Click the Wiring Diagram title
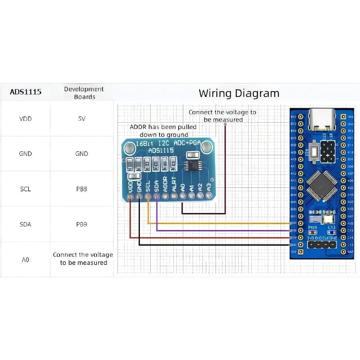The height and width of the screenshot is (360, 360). [239, 93]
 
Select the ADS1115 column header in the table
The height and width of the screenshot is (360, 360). [25, 92]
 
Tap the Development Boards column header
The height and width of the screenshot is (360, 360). [84, 93]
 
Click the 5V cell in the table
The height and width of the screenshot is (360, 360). [82, 119]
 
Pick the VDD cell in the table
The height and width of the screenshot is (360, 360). [25, 119]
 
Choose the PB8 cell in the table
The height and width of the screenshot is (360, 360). [82, 189]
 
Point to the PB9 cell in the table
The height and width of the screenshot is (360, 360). [82, 224]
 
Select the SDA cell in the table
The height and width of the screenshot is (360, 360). [25, 224]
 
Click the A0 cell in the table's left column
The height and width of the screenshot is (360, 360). [25, 260]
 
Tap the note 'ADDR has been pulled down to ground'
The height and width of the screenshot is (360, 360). [163, 131]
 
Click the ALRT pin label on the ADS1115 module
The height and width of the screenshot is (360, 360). [174, 184]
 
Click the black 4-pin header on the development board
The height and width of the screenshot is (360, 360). [322, 245]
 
